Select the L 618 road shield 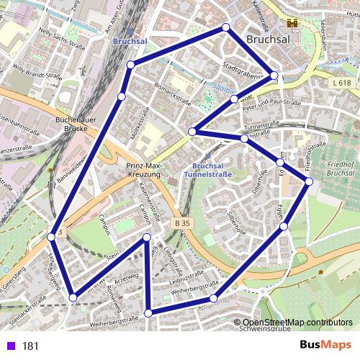tap(343, 84)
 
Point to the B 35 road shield tap(182, 224)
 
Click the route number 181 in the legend tap(30, 346)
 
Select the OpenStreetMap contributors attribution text tap(298, 323)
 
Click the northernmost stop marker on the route tap(226, 27)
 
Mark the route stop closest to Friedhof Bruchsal tap(309, 181)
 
